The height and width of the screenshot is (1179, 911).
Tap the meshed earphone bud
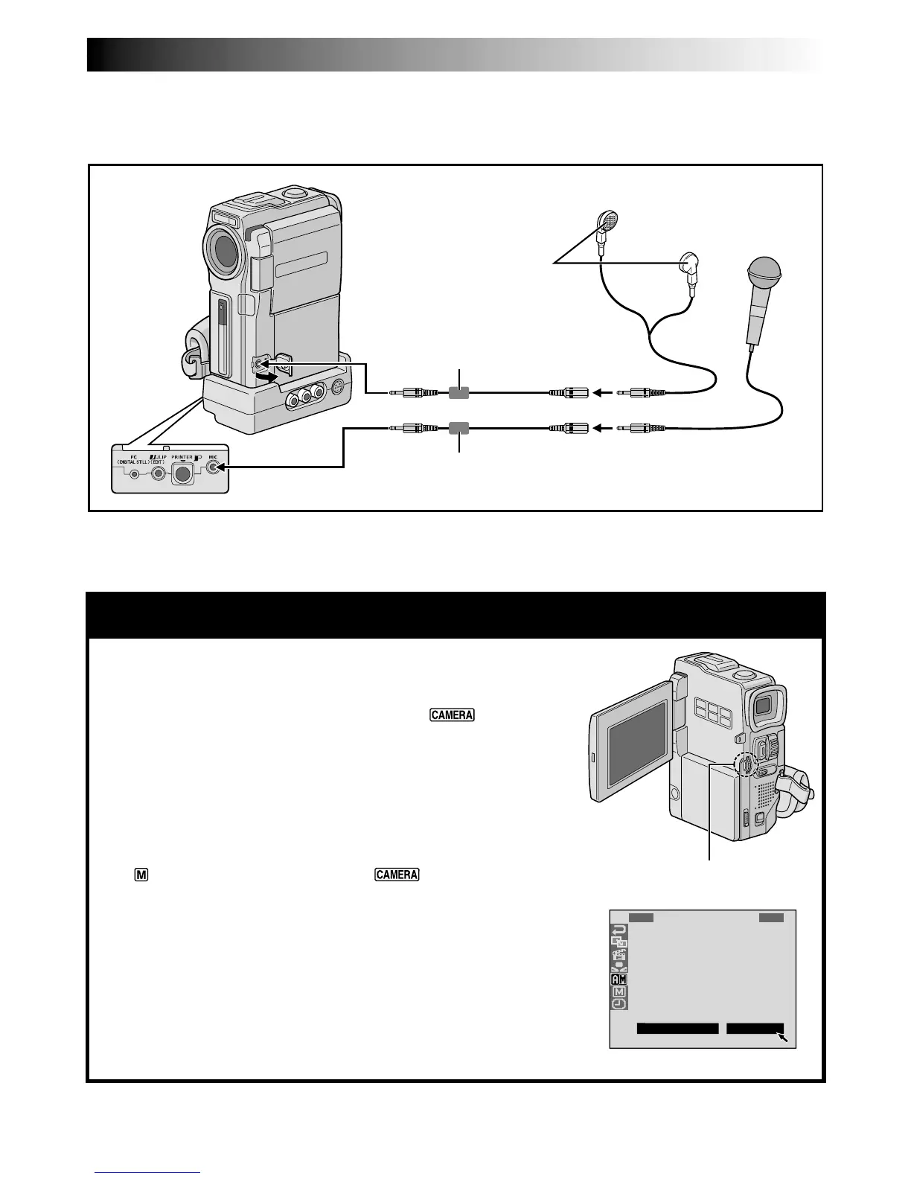click(609, 220)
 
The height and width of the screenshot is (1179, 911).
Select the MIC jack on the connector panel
click(214, 467)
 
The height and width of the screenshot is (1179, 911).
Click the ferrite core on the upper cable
click(459, 392)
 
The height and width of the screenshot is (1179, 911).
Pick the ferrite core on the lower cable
click(459, 428)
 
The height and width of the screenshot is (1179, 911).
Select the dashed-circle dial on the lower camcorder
click(744, 767)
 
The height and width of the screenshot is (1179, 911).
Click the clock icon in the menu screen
click(619, 1003)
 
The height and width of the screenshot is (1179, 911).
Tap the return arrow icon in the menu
click(619, 930)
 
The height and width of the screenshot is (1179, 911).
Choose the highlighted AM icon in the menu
click(619, 979)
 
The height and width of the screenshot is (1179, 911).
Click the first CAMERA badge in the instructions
click(452, 715)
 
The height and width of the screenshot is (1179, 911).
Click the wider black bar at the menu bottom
click(677, 1029)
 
